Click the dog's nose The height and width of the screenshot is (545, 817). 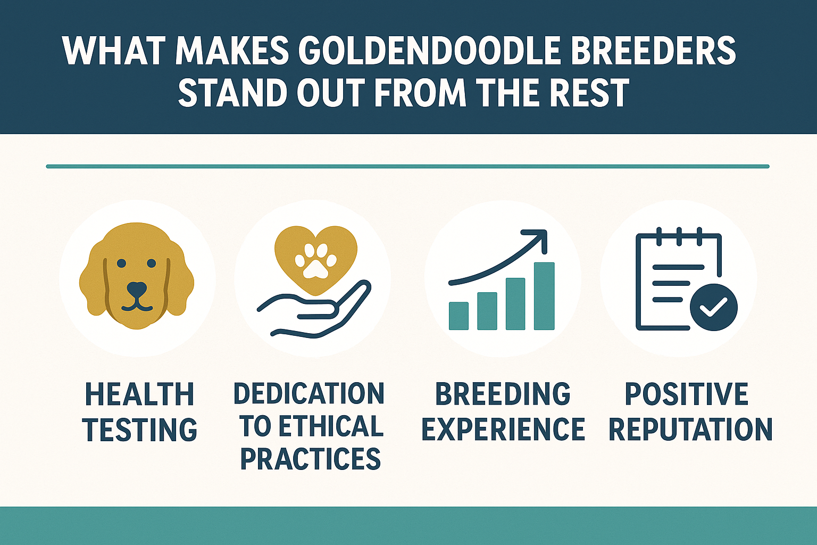137,290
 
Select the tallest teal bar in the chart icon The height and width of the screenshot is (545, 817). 544,296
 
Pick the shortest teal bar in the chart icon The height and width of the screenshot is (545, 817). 458,316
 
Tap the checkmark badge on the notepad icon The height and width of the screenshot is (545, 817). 713,307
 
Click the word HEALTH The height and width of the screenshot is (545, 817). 139,394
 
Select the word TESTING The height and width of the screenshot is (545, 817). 139,430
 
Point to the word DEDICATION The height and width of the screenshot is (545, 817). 309,394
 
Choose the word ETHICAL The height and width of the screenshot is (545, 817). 330,426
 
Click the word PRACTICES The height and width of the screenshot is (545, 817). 310,459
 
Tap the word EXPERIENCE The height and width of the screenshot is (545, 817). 503,430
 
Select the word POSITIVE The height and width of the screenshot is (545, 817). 686,394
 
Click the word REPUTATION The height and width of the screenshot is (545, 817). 690,430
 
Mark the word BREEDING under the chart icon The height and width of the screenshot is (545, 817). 503,394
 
